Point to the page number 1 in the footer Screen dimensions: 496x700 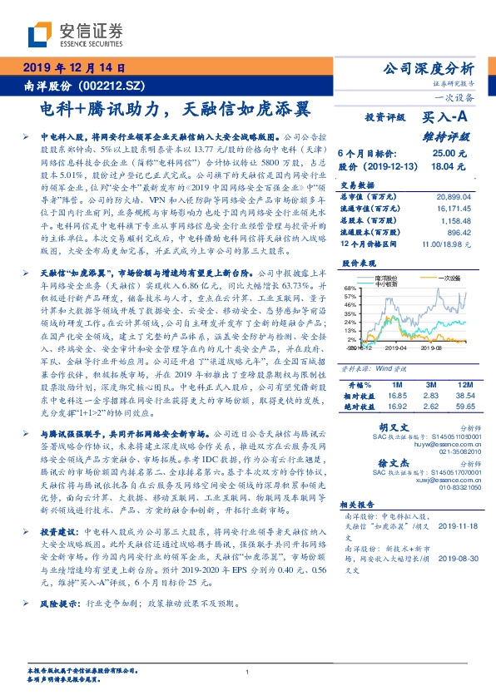point(248,673)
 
